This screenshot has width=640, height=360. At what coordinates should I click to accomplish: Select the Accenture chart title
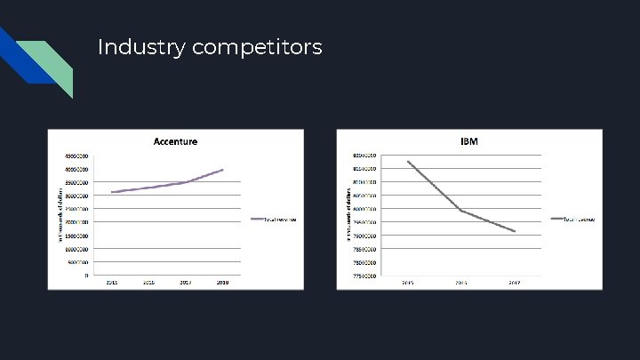(175, 141)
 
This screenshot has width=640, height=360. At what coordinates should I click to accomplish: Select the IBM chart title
(469, 142)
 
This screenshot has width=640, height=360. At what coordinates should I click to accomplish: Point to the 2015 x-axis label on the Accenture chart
(112, 282)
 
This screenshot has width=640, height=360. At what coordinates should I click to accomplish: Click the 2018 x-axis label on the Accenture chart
(223, 282)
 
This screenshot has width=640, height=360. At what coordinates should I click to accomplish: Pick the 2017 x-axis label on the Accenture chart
(186, 282)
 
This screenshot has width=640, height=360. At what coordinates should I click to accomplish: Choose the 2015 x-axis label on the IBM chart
(408, 283)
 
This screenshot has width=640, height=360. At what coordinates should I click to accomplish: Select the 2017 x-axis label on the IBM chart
(515, 283)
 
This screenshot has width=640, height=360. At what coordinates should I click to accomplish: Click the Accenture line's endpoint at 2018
(223, 169)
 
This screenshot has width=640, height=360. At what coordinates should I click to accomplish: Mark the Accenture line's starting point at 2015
(112, 192)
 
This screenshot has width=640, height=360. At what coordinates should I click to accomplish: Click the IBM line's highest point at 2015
(408, 162)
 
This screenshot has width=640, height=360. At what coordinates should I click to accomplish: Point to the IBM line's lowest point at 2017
(515, 232)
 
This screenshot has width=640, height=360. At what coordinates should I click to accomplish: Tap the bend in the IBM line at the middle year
(461, 211)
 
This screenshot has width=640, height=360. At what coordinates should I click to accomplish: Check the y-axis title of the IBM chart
(347, 214)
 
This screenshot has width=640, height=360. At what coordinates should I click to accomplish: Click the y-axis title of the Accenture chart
(53, 214)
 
